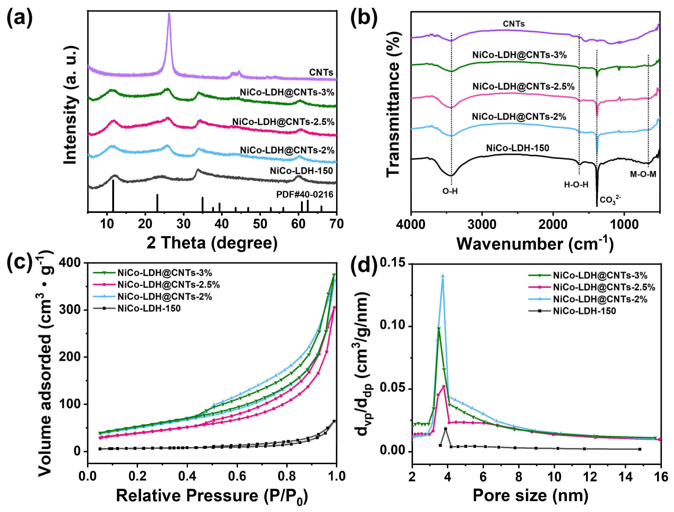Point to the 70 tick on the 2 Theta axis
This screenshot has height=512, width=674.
336,224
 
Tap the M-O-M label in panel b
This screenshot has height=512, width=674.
643,174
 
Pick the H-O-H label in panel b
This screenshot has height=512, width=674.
576,185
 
